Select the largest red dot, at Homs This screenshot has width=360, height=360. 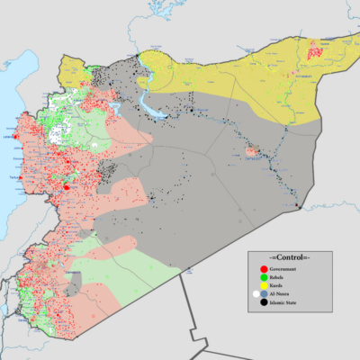66,187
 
